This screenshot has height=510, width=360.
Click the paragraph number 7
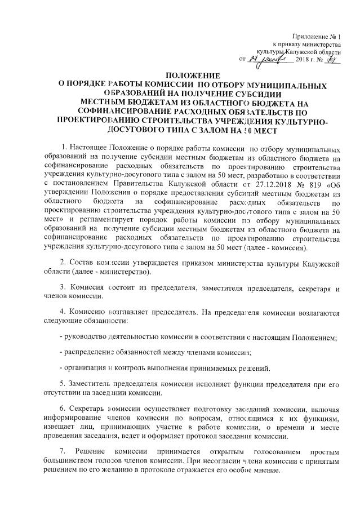coord(63,452)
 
